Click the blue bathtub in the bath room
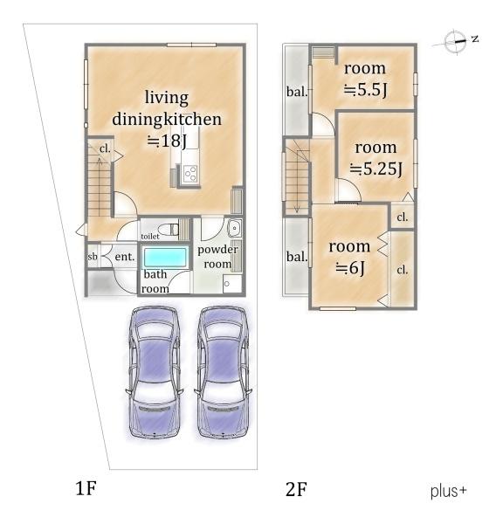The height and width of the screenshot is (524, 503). [165, 258]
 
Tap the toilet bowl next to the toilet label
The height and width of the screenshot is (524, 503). [169, 230]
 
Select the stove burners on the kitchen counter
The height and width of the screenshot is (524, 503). [190, 174]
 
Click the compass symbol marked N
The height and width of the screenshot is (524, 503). [456, 41]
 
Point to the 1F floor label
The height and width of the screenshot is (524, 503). [86, 488]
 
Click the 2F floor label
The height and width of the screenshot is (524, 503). [296, 489]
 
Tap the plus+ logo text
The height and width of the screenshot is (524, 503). [448, 492]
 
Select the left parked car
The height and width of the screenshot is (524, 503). [155, 372]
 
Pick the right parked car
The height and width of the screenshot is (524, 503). [223, 372]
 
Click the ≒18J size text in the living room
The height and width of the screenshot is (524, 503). [167, 141]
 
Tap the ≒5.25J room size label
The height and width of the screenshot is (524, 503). [376, 169]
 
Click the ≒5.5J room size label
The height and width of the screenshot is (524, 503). [366, 89]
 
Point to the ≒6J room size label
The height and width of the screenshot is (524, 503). [350, 267]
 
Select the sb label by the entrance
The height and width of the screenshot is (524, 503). [93, 257]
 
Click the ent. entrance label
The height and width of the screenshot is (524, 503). [125, 257]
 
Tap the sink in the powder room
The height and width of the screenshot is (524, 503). [235, 228]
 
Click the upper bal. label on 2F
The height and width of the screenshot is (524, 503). [297, 92]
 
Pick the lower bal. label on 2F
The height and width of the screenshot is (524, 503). [297, 257]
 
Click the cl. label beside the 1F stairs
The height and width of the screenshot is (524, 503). [105, 148]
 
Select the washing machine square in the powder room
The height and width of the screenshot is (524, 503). [232, 284]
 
